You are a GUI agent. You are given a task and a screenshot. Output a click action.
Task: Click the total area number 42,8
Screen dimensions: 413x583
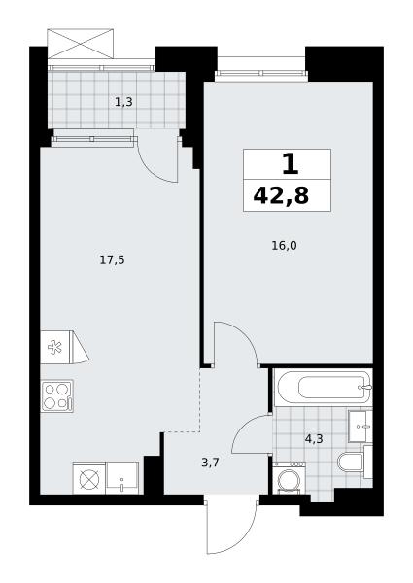(x=281, y=195)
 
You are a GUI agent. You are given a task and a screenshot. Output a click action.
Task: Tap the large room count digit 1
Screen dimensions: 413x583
(x=291, y=164)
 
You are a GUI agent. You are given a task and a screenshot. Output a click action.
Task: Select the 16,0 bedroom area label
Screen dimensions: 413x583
(x=285, y=246)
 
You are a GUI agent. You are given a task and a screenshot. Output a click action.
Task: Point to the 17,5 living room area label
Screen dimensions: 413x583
(x=112, y=260)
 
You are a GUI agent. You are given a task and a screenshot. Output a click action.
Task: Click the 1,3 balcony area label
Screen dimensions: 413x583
(x=123, y=102)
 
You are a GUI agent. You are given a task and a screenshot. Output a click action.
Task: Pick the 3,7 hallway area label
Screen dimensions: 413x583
(x=211, y=463)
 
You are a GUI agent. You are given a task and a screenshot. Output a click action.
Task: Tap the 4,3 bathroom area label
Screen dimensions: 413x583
(x=314, y=439)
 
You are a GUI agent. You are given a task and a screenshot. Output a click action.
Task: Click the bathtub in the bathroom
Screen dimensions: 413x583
(x=323, y=388)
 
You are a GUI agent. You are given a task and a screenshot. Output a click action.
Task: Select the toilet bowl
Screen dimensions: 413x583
(x=351, y=462)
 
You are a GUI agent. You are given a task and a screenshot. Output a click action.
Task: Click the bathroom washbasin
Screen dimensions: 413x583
(x=360, y=427)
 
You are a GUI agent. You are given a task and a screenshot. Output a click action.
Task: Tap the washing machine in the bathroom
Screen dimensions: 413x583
(x=290, y=478)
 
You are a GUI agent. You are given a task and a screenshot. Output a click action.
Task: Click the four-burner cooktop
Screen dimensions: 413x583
(x=57, y=396)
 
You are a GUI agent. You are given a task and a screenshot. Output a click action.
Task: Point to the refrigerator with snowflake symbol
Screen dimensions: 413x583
(x=65, y=347)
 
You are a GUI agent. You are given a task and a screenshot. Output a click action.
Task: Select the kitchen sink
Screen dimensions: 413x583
(x=121, y=478)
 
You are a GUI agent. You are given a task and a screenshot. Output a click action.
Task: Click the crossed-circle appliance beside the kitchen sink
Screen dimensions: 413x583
(x=89, y=478)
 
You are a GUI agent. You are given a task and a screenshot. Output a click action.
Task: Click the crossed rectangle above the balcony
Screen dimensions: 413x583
(x=80, y=43)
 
